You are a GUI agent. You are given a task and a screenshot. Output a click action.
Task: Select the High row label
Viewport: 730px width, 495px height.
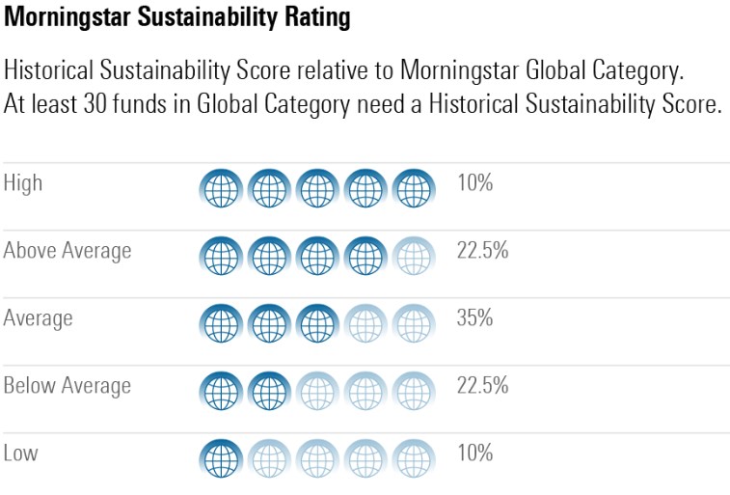23,182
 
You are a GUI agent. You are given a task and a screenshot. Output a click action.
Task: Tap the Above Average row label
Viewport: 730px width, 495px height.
68,251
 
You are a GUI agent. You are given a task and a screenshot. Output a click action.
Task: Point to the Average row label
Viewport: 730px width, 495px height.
39,317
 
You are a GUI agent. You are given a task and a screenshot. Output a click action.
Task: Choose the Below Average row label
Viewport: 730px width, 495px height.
68,386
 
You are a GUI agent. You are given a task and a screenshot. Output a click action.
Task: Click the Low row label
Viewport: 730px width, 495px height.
20,453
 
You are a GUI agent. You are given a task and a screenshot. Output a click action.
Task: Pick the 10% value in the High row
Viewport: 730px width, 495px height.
474,182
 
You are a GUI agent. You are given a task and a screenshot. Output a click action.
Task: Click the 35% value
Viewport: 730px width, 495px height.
474,317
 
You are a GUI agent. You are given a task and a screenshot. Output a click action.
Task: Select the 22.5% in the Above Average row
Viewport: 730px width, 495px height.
482,251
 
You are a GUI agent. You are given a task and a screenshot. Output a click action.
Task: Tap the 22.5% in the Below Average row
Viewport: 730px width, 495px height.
482,386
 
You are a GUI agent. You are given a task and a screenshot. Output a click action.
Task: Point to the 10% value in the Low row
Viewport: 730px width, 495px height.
474,453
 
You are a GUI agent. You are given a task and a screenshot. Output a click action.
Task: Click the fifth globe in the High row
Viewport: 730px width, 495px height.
415,188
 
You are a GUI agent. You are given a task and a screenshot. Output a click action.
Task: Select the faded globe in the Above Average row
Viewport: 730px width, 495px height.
415,256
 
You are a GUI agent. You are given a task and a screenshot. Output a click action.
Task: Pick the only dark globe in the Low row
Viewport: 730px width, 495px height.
221,458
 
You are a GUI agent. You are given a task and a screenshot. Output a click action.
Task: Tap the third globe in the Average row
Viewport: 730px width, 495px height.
317,323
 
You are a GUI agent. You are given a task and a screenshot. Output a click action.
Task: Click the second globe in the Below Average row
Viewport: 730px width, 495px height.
269,391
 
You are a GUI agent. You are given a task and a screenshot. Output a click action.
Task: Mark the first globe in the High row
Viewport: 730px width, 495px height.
221,188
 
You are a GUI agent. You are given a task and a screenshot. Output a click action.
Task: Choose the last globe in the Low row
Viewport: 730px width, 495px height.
415,458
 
